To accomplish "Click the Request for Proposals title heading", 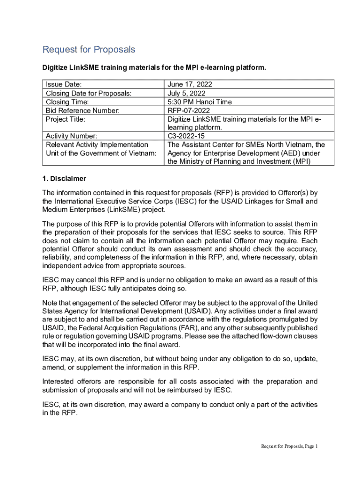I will click(89, 50).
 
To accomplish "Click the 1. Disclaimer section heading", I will click(64, 179).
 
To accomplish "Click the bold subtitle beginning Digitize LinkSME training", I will click(154, 68).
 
